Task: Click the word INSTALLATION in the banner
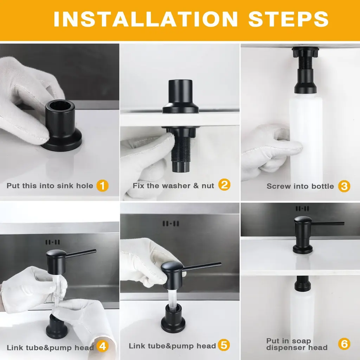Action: tap(146, 19)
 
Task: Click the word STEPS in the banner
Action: tap(288, 19)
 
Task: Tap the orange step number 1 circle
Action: tap(102, 186)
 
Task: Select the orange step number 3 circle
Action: tap(344, 186)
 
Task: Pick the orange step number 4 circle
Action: tap(102, 346)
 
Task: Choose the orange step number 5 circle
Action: tap(224, 345)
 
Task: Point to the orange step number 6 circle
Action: tap(344, 344)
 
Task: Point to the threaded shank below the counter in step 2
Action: tap(181, 149)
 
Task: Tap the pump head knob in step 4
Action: tap(56, 256)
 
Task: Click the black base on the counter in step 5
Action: tap(173, 318)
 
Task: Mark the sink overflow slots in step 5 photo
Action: tap(171, 223)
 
